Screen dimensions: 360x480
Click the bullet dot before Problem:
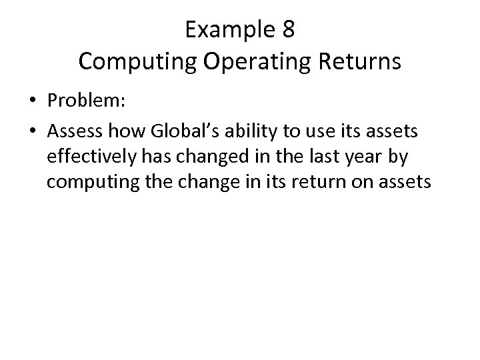33,102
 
